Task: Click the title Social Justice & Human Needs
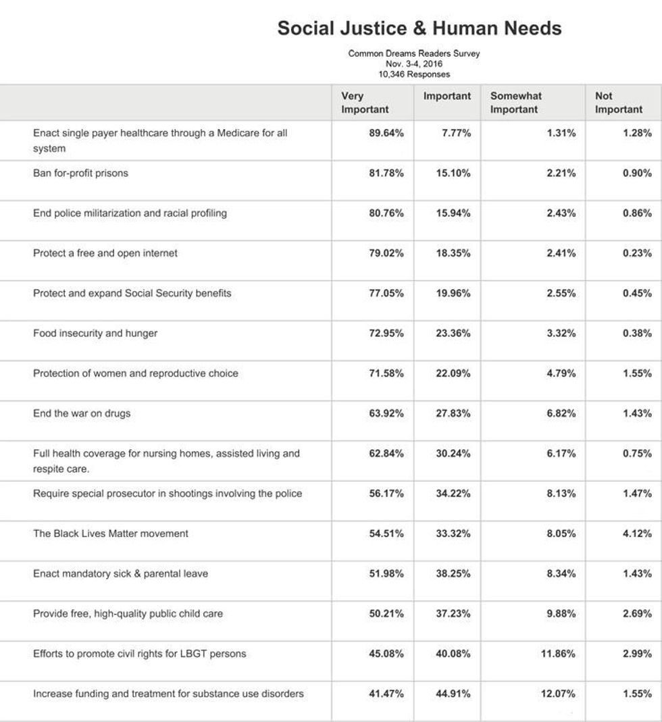pos(419,28)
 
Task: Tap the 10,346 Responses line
pos(414,74)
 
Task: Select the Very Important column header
pos(365,103)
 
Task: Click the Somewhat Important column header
pos(516,103)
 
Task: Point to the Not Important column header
pos(618,103)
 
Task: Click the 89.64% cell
pos(386,133)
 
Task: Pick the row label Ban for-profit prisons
pos(80,173)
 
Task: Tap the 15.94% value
pos(453,213)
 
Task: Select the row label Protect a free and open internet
pos(105,253)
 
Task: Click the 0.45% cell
pos(637,293)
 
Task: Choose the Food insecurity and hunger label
pos(95,333)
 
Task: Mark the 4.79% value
pos(561,373)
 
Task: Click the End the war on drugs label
pos(82,413)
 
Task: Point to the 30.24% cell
pos(453,453)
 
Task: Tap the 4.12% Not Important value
pos(637,534)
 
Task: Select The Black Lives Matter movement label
pos(111,534)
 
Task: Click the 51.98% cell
pos(386,573)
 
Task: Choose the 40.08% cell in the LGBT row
pos(453,654)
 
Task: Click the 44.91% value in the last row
pos(453,694)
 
